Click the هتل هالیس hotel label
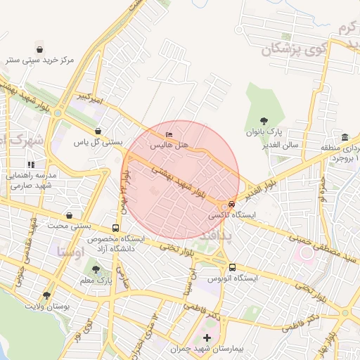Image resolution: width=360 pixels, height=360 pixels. pos(170,144)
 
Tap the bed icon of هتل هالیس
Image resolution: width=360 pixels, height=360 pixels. pos(168,134)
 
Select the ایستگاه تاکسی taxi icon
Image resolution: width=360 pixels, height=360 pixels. pos(233,205)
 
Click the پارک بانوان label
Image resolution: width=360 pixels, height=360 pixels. pos(264,131)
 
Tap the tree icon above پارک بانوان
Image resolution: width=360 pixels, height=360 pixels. pos(264,121)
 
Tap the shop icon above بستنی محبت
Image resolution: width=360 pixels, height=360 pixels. pos(69,215)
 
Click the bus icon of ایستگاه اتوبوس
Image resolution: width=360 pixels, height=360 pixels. pos(232,268)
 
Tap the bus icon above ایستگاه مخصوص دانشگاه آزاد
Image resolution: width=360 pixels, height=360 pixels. pos(115,229)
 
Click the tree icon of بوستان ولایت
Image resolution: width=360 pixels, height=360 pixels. pos(46,296)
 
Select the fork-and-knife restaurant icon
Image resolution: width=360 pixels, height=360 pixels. pos(32,165)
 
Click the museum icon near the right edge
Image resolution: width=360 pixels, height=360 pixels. pos(345,137)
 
